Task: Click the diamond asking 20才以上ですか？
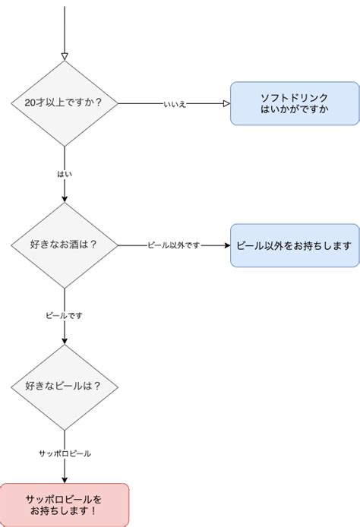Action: (x=65, y=103)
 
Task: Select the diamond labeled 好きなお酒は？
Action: (x=65, y=245)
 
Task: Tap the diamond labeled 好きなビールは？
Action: (x=65, y=386)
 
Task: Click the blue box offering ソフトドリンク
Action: (x=294, y=103)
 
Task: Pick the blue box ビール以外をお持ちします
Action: (x=294, y=245)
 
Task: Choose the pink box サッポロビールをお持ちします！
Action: (x=64, y=505)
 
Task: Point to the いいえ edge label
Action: (x=174, y=103)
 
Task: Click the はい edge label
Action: (x=65, y=174)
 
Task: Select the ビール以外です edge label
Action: (x=174, y=246)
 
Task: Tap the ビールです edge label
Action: (x=65, y=314)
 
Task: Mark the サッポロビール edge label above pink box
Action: (x=65, y=453)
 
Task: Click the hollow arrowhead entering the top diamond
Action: (x=65, y=55)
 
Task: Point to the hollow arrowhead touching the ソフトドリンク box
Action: (x=226, y=103)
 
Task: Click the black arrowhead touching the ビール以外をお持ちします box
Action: (x=226, y=245)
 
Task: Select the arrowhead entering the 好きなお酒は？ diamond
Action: (x=65, y=198)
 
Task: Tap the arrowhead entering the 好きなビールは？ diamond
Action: (x=65, y=341)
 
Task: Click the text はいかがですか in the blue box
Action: (x=294, y=109)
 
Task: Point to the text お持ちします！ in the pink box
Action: (x=64, y=512)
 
